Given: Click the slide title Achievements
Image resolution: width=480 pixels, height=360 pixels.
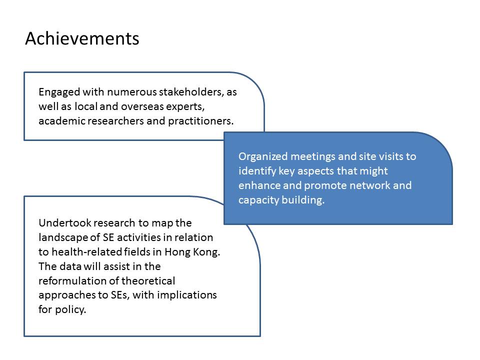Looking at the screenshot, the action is pyautogui.click(x=82, y=38).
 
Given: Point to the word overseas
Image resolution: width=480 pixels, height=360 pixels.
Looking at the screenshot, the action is pyautogui.click(x=142, y=106).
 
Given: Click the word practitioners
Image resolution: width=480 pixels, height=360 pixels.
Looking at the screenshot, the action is pyautogui.click(x=201, y=121).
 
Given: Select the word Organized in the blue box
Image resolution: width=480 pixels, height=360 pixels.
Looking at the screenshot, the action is pyautogui.click(x=263, y=156).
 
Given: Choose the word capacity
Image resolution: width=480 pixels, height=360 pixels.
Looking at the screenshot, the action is pyautogui.click(x=258, y=200).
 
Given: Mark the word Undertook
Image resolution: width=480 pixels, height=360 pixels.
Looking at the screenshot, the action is pyautogui.click(x=65, y=223).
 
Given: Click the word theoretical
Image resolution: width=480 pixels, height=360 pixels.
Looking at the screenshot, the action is pyautogui.click(x=148, y=280).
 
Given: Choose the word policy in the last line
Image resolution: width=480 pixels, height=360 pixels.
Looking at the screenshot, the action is pyautogui.click(x=70, y=309).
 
